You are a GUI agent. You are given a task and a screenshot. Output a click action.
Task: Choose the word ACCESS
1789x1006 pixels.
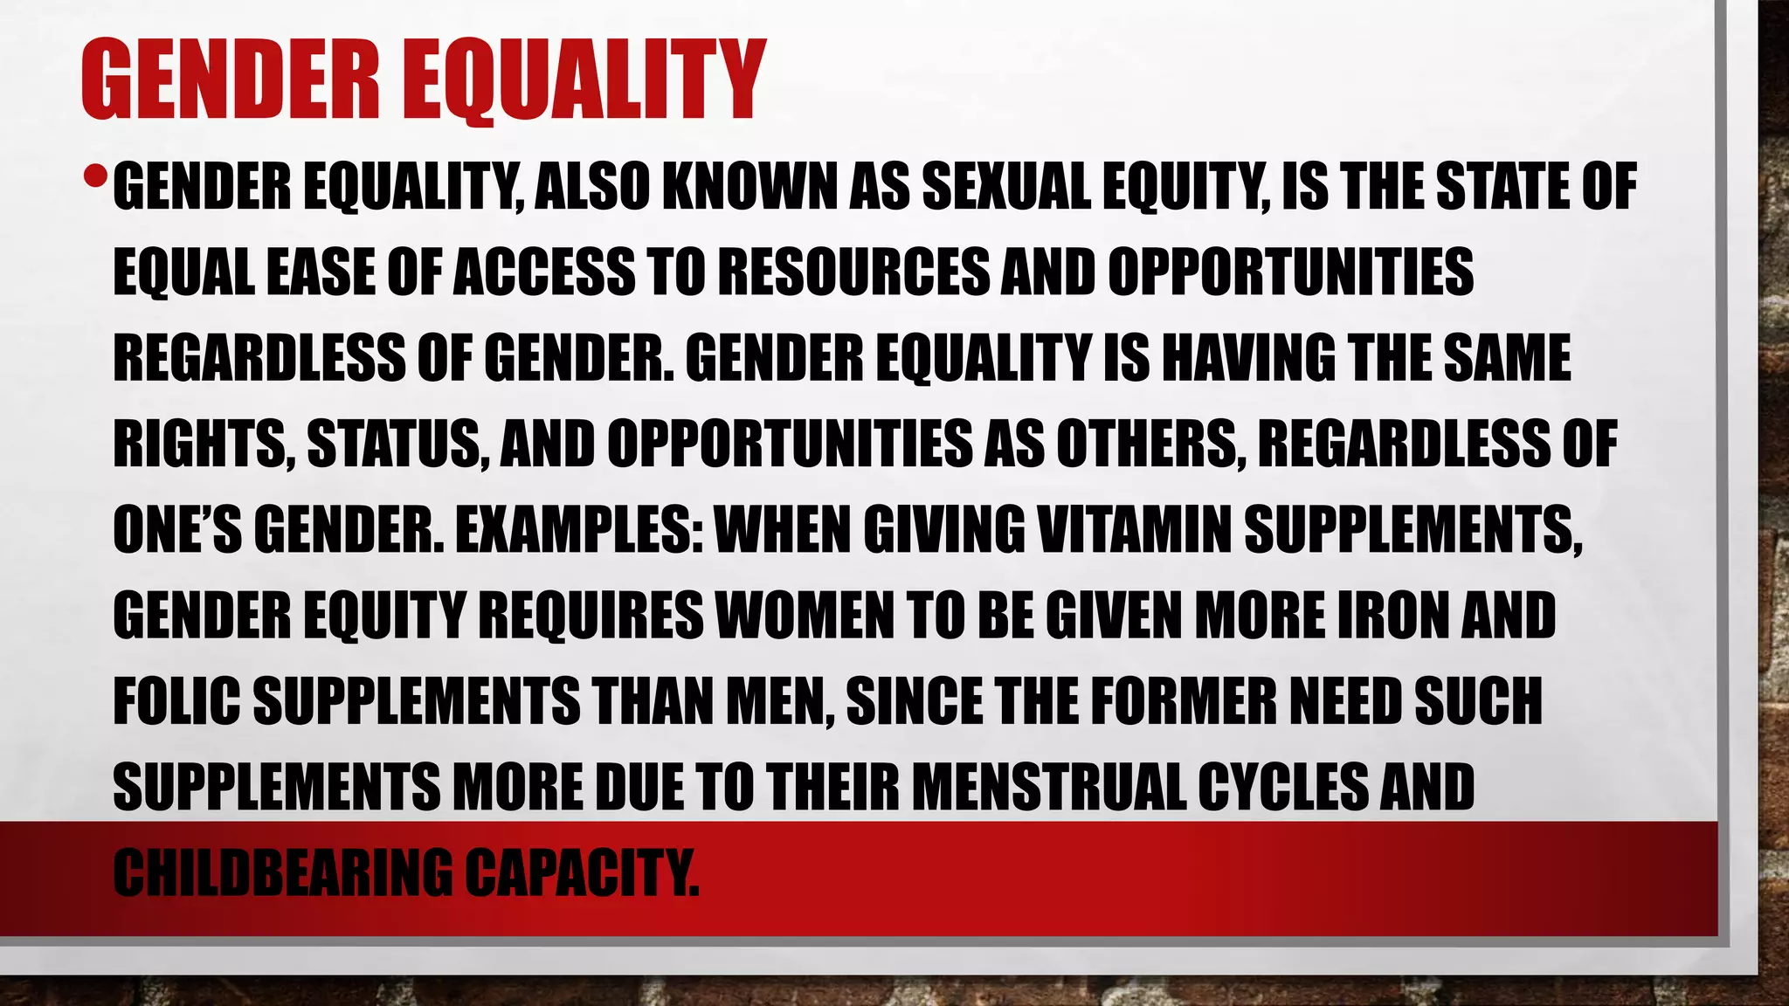[545, 272]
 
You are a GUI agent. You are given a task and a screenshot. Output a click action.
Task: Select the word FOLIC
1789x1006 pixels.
[176, 700]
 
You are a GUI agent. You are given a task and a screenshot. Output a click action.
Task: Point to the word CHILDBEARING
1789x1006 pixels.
[283, 872]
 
